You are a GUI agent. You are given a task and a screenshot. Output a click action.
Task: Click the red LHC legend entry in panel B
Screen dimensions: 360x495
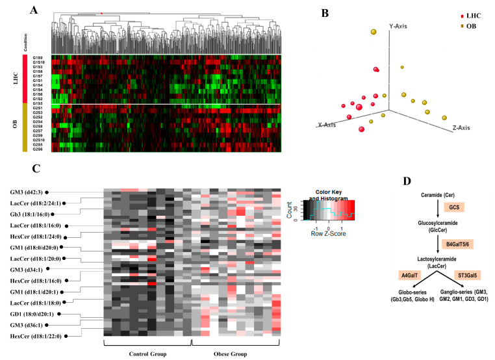click(x=459, y=14)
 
